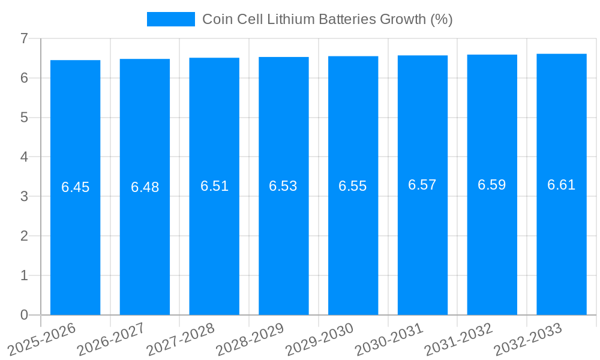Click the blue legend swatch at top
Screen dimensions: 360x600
[170, 19]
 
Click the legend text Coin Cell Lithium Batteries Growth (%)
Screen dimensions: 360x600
[327, 19]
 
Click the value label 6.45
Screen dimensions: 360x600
[75, 187]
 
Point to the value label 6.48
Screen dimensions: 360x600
[145, 187]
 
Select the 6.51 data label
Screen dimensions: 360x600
[214, 186]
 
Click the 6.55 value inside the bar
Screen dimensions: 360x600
[353, 186]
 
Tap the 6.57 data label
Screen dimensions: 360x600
[422, 185]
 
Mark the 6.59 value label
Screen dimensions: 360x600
[492, 185]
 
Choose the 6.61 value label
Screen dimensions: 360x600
[561, 185]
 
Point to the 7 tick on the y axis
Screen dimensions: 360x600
[24, 38]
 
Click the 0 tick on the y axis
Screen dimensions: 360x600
[24, 315]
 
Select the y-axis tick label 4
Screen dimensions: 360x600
[24, 157]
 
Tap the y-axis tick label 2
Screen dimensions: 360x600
[24, 236]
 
